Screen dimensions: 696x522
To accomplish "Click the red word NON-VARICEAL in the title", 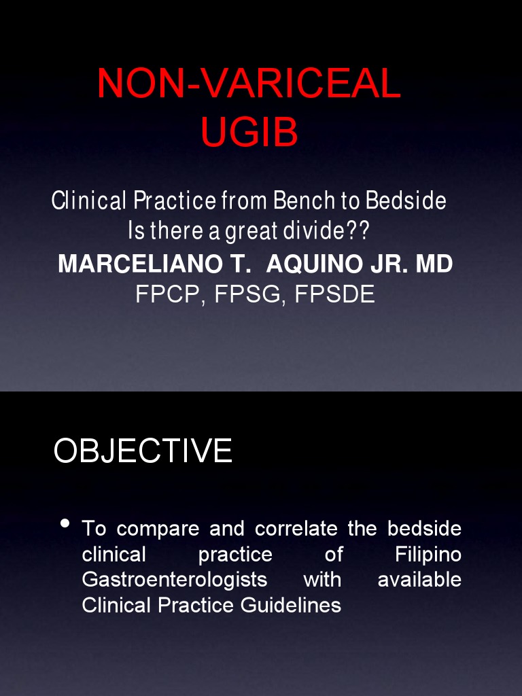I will coord(249,84).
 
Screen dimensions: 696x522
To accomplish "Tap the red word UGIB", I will coord(249,132).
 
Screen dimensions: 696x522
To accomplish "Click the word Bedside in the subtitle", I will coord(406,201).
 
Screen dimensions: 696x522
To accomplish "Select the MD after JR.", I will coord(434,264).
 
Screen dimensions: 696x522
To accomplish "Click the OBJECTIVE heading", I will coord(143,451).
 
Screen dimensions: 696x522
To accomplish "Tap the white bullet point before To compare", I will coord(65,523).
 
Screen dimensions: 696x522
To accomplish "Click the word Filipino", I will coord(428,555).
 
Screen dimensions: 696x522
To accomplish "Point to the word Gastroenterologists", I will coord(174,580).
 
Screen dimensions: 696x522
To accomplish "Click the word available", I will coord(419,580).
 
